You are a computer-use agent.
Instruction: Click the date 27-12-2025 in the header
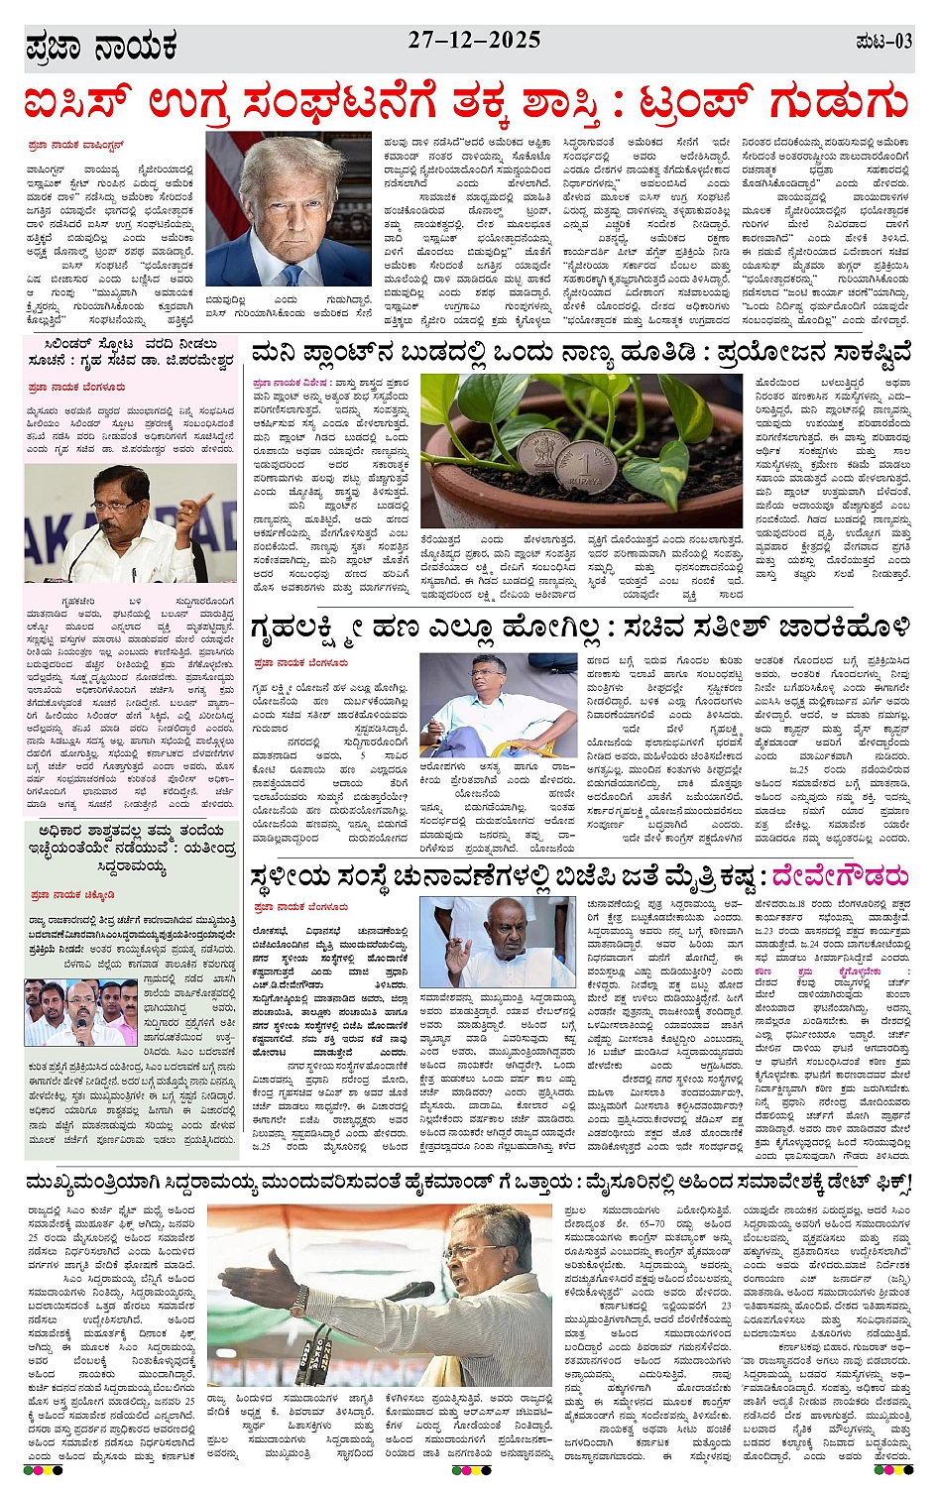point(474,41)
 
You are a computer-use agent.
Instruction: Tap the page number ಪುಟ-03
point(882,43)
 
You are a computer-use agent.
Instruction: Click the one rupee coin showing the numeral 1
point(587,466)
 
